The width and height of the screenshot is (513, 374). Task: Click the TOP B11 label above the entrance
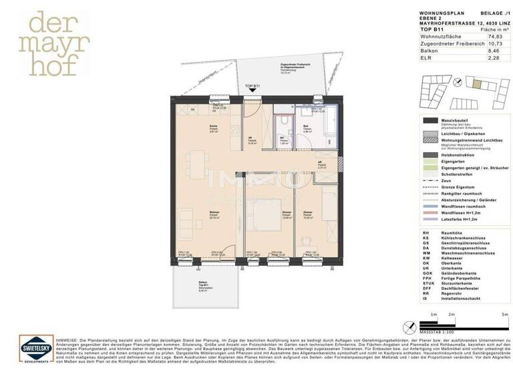[x=252, y=87]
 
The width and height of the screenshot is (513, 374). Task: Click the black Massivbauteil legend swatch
[x=428, y=120]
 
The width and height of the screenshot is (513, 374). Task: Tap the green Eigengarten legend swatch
[x=428, y=162]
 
